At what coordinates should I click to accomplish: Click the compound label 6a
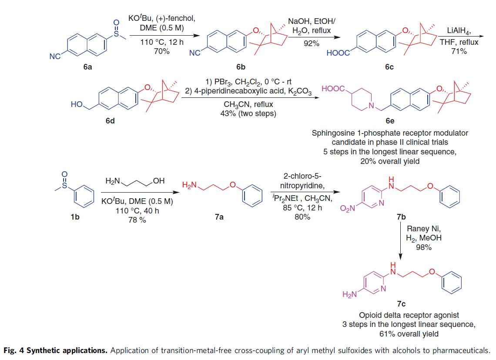coord(87,67)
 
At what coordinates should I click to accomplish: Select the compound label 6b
coord(241,67)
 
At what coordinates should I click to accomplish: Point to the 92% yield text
coord(312,43)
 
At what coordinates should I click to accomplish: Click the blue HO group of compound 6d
coord(77,105)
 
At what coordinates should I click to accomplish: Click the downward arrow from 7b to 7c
coord(401,243)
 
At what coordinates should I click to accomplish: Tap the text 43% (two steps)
coord(246,114)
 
